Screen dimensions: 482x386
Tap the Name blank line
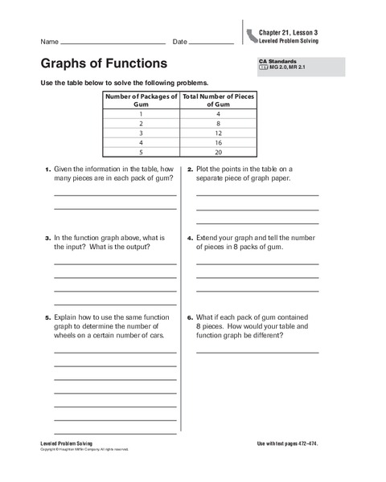(x=113, y=43)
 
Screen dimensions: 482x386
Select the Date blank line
(x=211, y=43)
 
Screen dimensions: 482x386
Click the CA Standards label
(x=277, y=61)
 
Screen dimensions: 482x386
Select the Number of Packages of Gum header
(x=141, y=100)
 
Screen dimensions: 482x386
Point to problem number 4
(x=191, y=238)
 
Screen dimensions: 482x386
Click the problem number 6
(x=191, y=317)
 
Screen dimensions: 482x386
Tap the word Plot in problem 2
(x=204, y=170)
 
